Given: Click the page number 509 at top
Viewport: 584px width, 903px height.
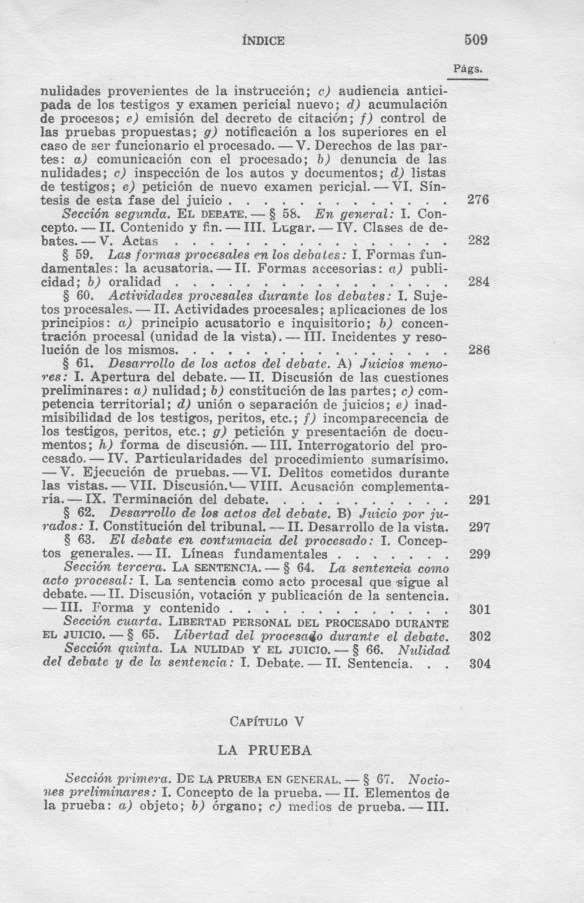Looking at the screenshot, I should (476, 41).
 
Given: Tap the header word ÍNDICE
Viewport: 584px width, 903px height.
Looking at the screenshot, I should (263, 41).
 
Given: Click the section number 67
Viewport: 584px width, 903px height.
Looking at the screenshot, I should (384, 780).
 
